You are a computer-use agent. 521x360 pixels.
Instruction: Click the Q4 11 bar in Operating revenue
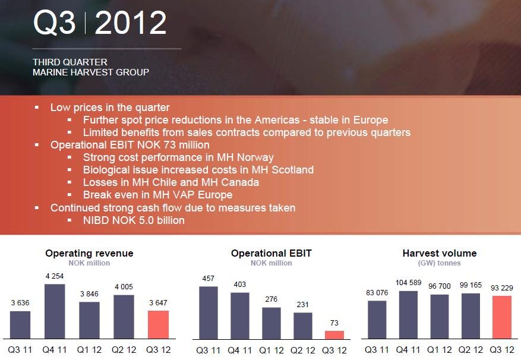point(55,311)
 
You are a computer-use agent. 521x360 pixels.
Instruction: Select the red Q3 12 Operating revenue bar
point(158,324)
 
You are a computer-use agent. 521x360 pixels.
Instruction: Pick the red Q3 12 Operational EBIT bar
point(334,334)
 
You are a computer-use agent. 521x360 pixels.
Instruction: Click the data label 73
point(334,323)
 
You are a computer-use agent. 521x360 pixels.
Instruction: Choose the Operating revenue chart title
point(89,253)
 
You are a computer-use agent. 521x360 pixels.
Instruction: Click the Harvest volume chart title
point(440,253)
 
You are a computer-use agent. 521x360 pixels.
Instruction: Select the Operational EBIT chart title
point(271,253)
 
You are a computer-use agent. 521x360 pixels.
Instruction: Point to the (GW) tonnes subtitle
point(440,263)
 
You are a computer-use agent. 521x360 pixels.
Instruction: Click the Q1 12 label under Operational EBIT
point(271,350)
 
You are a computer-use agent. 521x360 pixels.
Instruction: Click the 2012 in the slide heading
point(130,24)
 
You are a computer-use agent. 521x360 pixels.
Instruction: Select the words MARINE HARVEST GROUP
point(91,72)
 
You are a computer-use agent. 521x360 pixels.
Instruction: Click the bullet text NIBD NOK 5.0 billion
point(134,220)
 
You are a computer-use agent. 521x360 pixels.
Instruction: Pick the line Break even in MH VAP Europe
point(157,195)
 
